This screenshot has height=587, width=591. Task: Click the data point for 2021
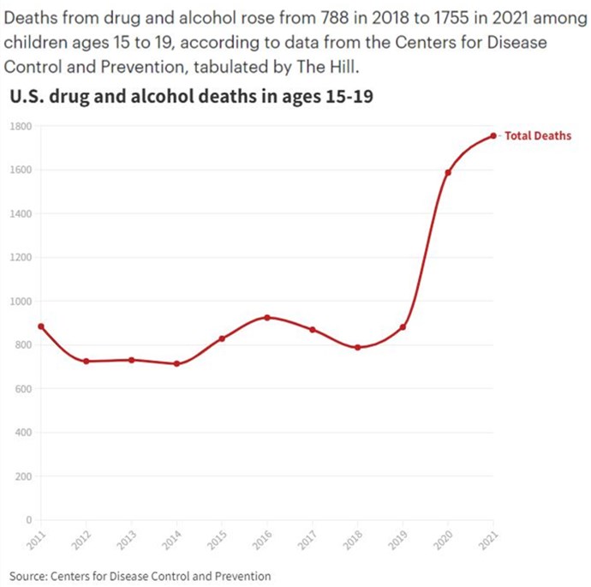pos(493,135)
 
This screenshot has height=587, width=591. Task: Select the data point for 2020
pos(448,172)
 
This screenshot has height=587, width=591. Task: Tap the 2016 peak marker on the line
pos(267,317)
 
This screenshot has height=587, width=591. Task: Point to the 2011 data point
pos(41,326)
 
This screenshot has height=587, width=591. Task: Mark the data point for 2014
pos(177,363)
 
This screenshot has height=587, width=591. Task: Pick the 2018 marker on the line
pos(357,347)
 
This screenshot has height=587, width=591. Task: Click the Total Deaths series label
pos(537,135)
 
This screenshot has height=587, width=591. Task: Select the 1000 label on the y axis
pos(21,302)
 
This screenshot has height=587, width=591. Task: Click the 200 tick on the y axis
pos(23,476)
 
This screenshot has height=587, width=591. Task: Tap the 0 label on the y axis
pos(28,520)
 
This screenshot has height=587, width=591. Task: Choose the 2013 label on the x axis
pos(128,539)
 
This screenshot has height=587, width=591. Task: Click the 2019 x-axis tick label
pos(398,539)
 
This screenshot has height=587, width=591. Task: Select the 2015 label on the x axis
pos(218,539)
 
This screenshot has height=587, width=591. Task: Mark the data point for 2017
pos(313,330)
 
